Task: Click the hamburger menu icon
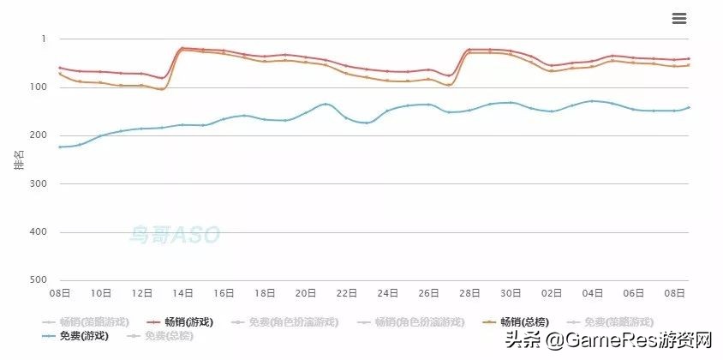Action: (680, 19)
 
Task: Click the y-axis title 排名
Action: (19, 159)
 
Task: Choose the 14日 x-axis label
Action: (182, 293)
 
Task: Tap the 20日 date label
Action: (306, 293)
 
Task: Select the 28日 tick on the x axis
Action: (469, 293)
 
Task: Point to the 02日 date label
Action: (552, 293)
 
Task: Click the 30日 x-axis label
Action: (511, 293)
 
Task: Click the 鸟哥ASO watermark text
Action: (175, 234)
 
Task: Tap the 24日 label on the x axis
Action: (388, 293)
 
